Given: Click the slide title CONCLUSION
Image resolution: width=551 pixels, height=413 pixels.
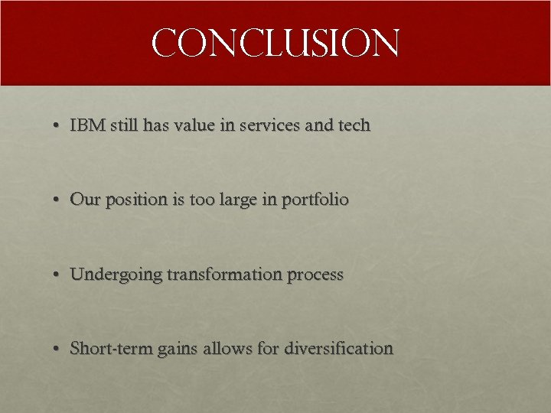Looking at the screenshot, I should pyautogui.click(x=275, y=44).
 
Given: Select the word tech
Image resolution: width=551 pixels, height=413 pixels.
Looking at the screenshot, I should pyautogui.click(x=353, y=125).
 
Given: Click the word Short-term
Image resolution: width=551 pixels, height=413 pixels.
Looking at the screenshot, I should pyautogui.click(x=111, y=349).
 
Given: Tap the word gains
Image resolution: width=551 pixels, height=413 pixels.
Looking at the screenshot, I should pyautogui.click(x=178, y=350).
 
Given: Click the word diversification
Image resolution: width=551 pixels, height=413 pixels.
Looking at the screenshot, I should pyautogui.click(x=339, y=349).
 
